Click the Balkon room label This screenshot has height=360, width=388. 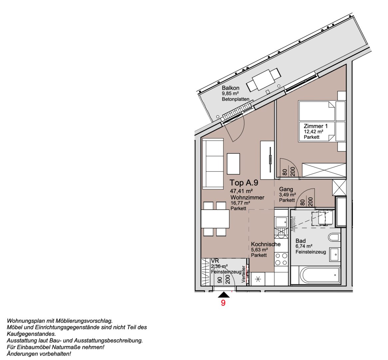(230, 88)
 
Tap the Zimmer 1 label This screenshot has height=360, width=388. (315, 126)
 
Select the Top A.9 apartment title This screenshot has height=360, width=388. (244, 183)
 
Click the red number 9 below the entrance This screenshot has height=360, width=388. (223, 303)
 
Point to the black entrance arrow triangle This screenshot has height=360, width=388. (224, 295)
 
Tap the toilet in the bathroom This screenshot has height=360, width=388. (334, 238)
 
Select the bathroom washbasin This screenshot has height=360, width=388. (334, 255)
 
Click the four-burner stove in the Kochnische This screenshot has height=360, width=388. (281, 259)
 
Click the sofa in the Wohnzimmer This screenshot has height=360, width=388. (212, 163)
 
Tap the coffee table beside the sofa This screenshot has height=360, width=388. (233, 163)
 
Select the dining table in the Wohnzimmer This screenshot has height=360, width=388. (215, 219)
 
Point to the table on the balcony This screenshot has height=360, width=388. (263, 80)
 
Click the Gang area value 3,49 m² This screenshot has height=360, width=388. (287, 195)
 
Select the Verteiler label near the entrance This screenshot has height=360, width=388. (243, 274)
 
